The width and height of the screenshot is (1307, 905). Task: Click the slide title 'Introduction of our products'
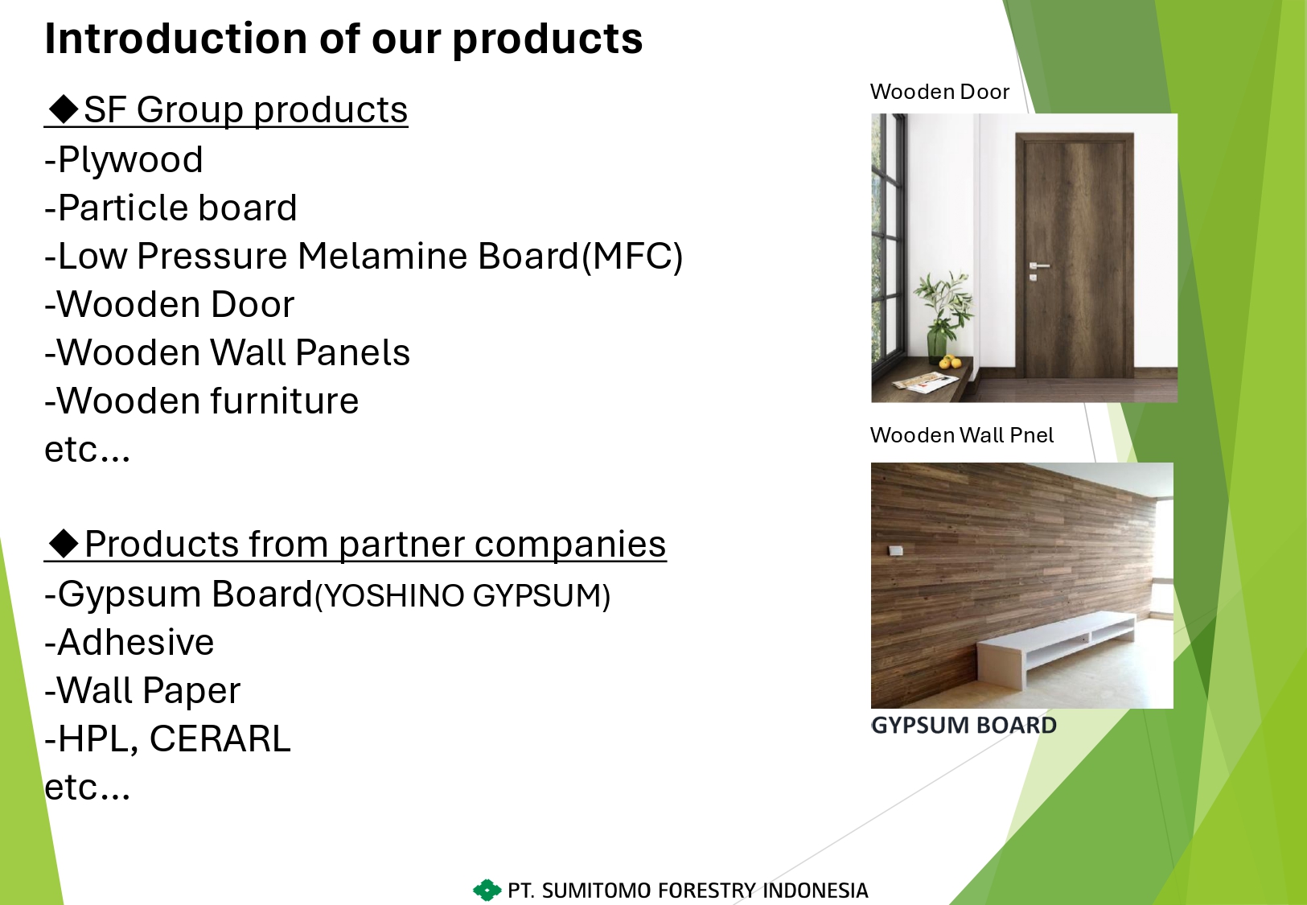pos(343,39)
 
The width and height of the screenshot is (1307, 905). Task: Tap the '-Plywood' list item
pos(124,159)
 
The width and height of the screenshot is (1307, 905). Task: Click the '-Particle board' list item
pos(171,208)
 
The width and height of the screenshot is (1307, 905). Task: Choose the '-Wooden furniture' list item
pos(202,401)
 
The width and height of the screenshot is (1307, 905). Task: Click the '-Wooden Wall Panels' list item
pos(228,352)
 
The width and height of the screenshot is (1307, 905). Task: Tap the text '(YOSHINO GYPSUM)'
pos(462,596)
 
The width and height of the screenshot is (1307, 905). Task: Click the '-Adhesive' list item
pos(129,642)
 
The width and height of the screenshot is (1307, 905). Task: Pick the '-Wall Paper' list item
pos(142,691)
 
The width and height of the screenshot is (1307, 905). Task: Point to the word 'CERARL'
pos(220,738)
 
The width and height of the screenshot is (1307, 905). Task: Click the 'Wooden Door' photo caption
pos(939,92)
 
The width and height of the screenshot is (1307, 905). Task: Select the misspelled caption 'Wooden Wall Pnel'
pos(962,435)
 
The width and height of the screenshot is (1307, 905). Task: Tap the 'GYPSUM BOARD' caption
pos(964,726)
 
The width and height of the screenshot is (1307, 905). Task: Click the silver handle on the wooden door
pos(1038,266)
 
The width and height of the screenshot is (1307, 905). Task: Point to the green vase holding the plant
pos(936,340)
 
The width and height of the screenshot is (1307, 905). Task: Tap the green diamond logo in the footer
pos(487,890)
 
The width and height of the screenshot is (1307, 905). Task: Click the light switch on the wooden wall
pos(895,550)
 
